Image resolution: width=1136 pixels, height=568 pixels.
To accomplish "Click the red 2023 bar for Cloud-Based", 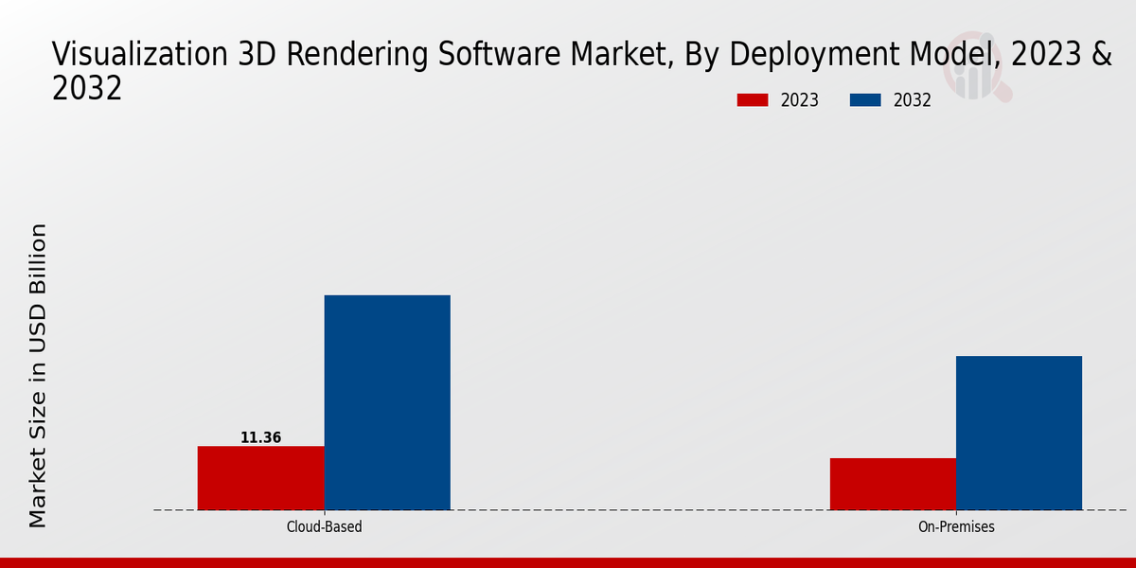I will [260, 478].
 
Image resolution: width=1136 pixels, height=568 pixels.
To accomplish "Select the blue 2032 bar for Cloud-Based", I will [387, 402].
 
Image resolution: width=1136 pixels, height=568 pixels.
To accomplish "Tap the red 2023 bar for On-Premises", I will [893, 484].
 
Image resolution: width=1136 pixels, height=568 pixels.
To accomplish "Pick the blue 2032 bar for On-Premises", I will [1019, 433].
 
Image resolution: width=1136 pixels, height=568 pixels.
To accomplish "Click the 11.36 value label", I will [260, 438].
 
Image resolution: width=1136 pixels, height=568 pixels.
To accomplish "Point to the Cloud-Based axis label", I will [324, 526].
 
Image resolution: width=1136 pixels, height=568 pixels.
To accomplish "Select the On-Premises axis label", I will [956, 526].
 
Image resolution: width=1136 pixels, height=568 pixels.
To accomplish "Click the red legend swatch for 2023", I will [753, 100].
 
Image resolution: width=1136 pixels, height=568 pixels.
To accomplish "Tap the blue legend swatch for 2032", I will [865, 100].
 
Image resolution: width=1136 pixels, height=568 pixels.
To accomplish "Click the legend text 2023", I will [800, 100].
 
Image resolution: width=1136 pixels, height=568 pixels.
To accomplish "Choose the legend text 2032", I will [913, 100].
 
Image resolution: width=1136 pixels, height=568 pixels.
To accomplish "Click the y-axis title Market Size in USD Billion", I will [38, 375].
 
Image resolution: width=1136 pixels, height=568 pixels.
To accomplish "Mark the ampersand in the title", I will [1101, 55].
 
